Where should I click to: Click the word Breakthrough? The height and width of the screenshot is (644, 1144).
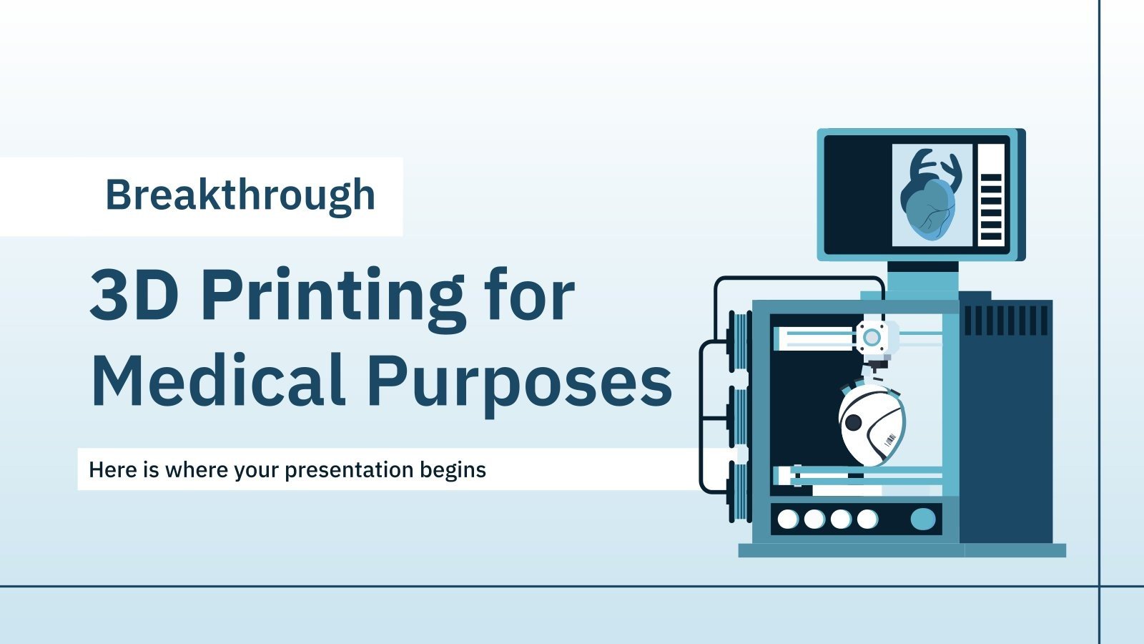(240, 195)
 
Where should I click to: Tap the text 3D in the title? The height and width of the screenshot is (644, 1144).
(134, 295)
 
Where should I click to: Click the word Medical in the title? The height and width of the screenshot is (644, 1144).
(218, 381)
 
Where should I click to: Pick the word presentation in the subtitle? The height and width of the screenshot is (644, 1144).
(349, 471)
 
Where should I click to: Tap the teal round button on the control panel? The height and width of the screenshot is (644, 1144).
(922, 519)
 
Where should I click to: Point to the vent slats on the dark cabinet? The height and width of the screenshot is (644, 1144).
(1006, 320)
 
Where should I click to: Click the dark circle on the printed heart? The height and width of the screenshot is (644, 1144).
(853, 423)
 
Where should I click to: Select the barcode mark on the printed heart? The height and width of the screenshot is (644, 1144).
(890, 439)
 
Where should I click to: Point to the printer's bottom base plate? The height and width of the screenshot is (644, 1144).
(902, 550)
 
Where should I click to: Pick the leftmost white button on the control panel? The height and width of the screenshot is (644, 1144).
(788, 519)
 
